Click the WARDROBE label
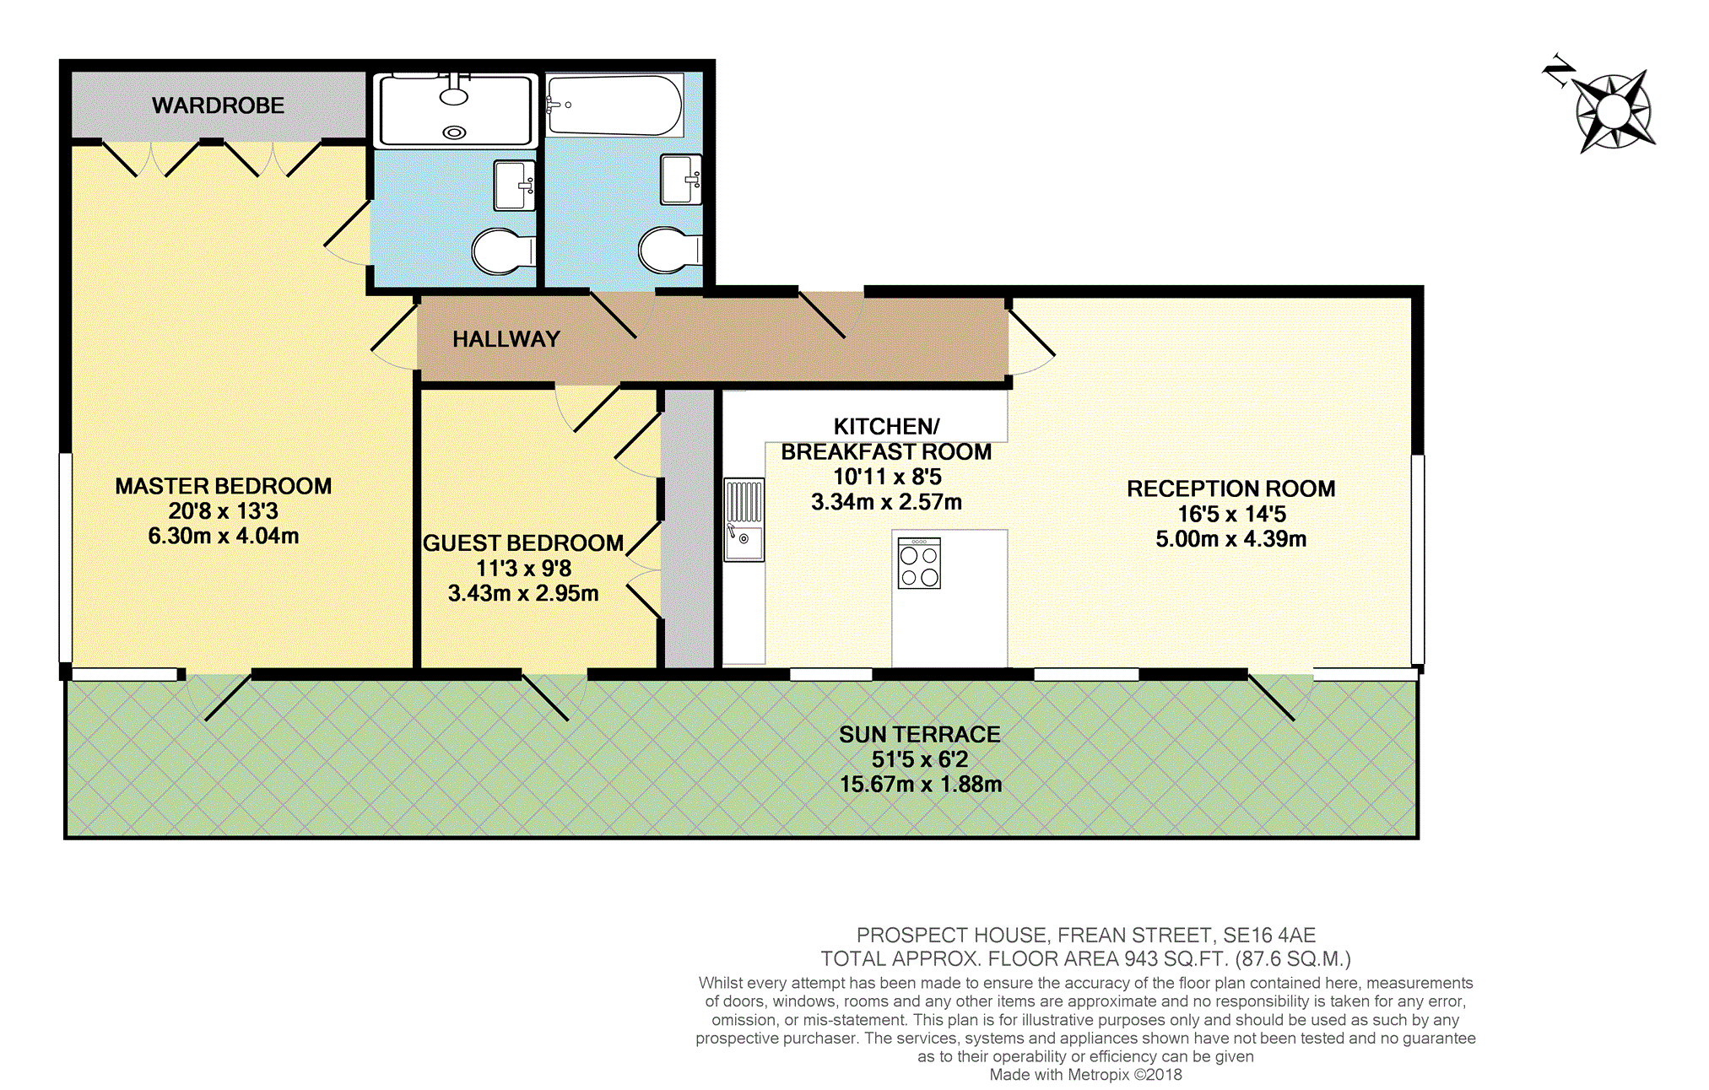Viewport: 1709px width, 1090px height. (x=218, y=105)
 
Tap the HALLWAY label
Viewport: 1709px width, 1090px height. (x=506, y=339)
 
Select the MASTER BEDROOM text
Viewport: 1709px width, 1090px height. (x=224, y=486)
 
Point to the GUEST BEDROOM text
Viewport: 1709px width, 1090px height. (x=523, y=543)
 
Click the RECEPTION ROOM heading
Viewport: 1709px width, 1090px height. (x=1231, y=488)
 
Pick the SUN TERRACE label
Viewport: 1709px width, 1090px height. (x=920, y=735)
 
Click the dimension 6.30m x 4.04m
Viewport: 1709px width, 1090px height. (x=224, y=536)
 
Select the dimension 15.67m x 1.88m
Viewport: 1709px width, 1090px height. (x=921, y=785)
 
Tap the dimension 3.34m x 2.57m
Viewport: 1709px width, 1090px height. (x=887, y=502)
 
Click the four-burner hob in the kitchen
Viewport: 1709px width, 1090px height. (x=919, y=564)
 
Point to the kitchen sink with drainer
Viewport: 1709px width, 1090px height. (x=744, y=520)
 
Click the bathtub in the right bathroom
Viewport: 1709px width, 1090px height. (x=614, y=105)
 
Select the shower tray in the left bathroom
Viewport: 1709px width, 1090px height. (x=456, y=111)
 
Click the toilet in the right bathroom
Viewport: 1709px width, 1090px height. (x=670, y=250)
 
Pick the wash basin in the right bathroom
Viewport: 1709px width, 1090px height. (x=681, y=180)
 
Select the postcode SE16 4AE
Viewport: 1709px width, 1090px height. (x=1269, y=936)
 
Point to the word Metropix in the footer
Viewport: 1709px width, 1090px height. (x=1098, y=1075)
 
